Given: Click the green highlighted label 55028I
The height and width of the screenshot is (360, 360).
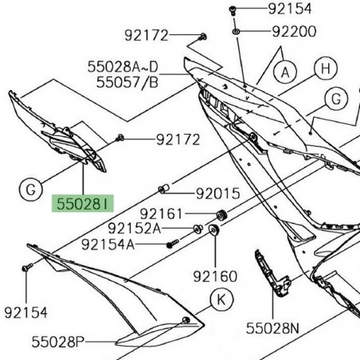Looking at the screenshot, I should (x=83, y=204).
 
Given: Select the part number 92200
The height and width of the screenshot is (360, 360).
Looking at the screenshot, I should (x=294, y=32).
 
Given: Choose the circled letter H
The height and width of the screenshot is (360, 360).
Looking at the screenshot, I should (x=323, y=68).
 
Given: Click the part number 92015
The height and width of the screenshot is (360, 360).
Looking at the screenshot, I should (x=217, y=192).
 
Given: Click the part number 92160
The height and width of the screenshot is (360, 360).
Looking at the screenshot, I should (x=215, y=276).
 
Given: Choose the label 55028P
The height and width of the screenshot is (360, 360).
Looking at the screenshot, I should (x=58, y=342).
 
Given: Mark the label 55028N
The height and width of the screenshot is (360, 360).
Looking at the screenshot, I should (x=274, y=327).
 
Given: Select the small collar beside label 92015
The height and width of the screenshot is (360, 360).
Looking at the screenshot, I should (x=164, y=189).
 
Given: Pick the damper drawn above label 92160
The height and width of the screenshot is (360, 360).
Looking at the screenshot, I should (x=214, y=231).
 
